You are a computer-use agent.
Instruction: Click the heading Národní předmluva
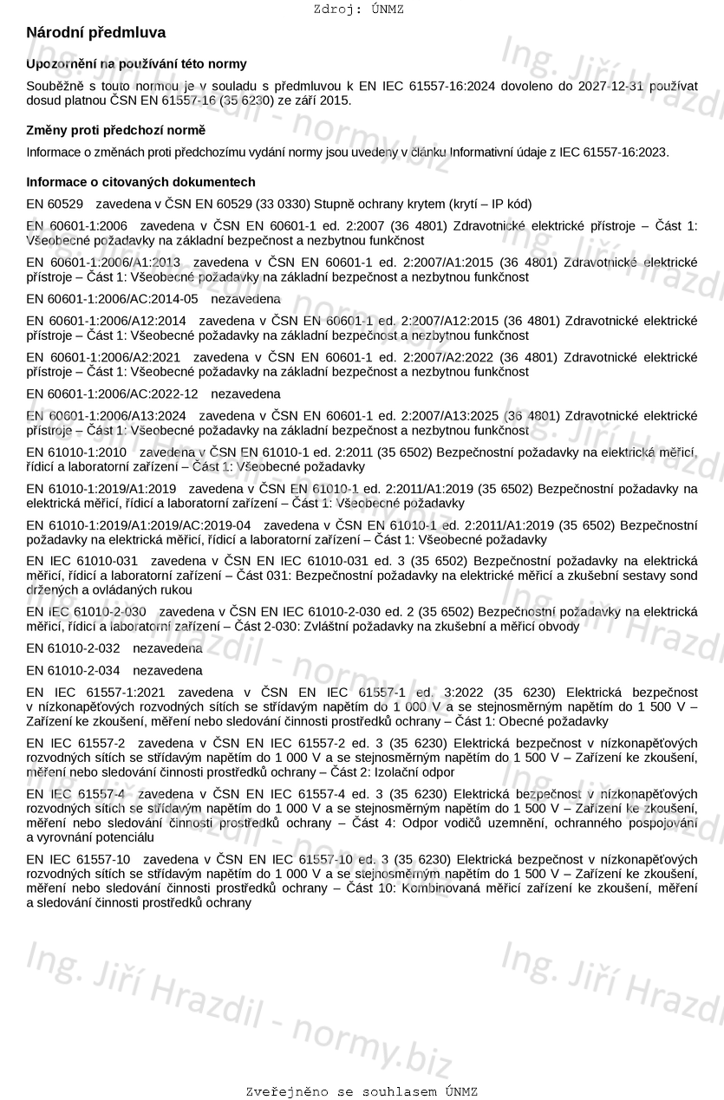click(x=95, y=33)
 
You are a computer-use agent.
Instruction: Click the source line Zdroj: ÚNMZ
click(x=358, y=10)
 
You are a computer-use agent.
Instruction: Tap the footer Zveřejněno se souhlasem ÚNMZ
click(x=362, y=1091)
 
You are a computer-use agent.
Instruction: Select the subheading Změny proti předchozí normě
click(x=116, y=130)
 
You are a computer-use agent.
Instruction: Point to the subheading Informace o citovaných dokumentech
click(x=140, y=182)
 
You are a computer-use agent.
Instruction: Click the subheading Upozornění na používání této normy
click(x=136, y=63)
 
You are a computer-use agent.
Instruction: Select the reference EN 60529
click(x=55, y=205)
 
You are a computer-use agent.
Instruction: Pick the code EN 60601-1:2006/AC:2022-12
click(x=112, y=394)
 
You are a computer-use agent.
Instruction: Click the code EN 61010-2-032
click(x=73, y=648)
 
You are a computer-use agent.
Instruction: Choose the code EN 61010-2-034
click(x=73, y=670)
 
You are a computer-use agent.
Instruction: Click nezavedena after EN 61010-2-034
click(x=167, y=670)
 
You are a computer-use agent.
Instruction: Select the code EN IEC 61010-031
click(x=82, y=562)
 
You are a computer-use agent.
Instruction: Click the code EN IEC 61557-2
click(x=75, y=743)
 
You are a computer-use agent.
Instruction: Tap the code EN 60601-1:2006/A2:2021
click(x=103, y=357)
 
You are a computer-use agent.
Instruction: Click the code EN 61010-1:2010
click(x=76, y=452)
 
